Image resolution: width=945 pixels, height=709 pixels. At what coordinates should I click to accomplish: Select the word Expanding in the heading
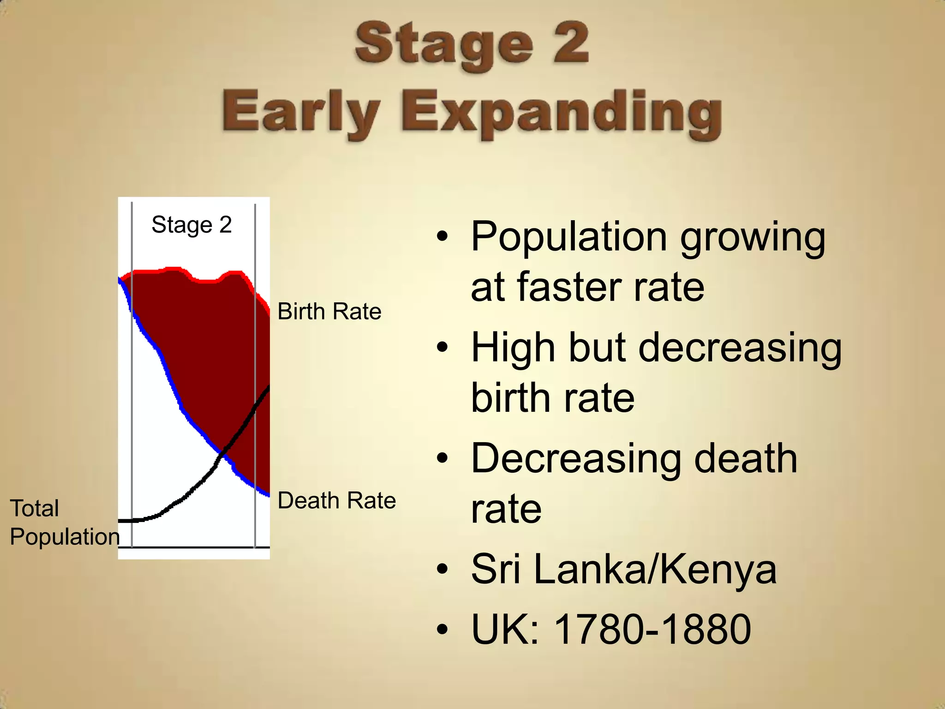(561, 113)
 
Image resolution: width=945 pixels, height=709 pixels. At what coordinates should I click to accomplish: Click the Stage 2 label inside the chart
(191, 225)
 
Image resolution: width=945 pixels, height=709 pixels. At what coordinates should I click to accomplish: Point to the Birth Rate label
(329, 312)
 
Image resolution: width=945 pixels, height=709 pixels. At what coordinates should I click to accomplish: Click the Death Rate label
(337, 501)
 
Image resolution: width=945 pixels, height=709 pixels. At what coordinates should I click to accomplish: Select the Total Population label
(64, 523)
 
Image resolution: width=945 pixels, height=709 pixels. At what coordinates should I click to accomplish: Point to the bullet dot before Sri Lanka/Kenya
(443, 570)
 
